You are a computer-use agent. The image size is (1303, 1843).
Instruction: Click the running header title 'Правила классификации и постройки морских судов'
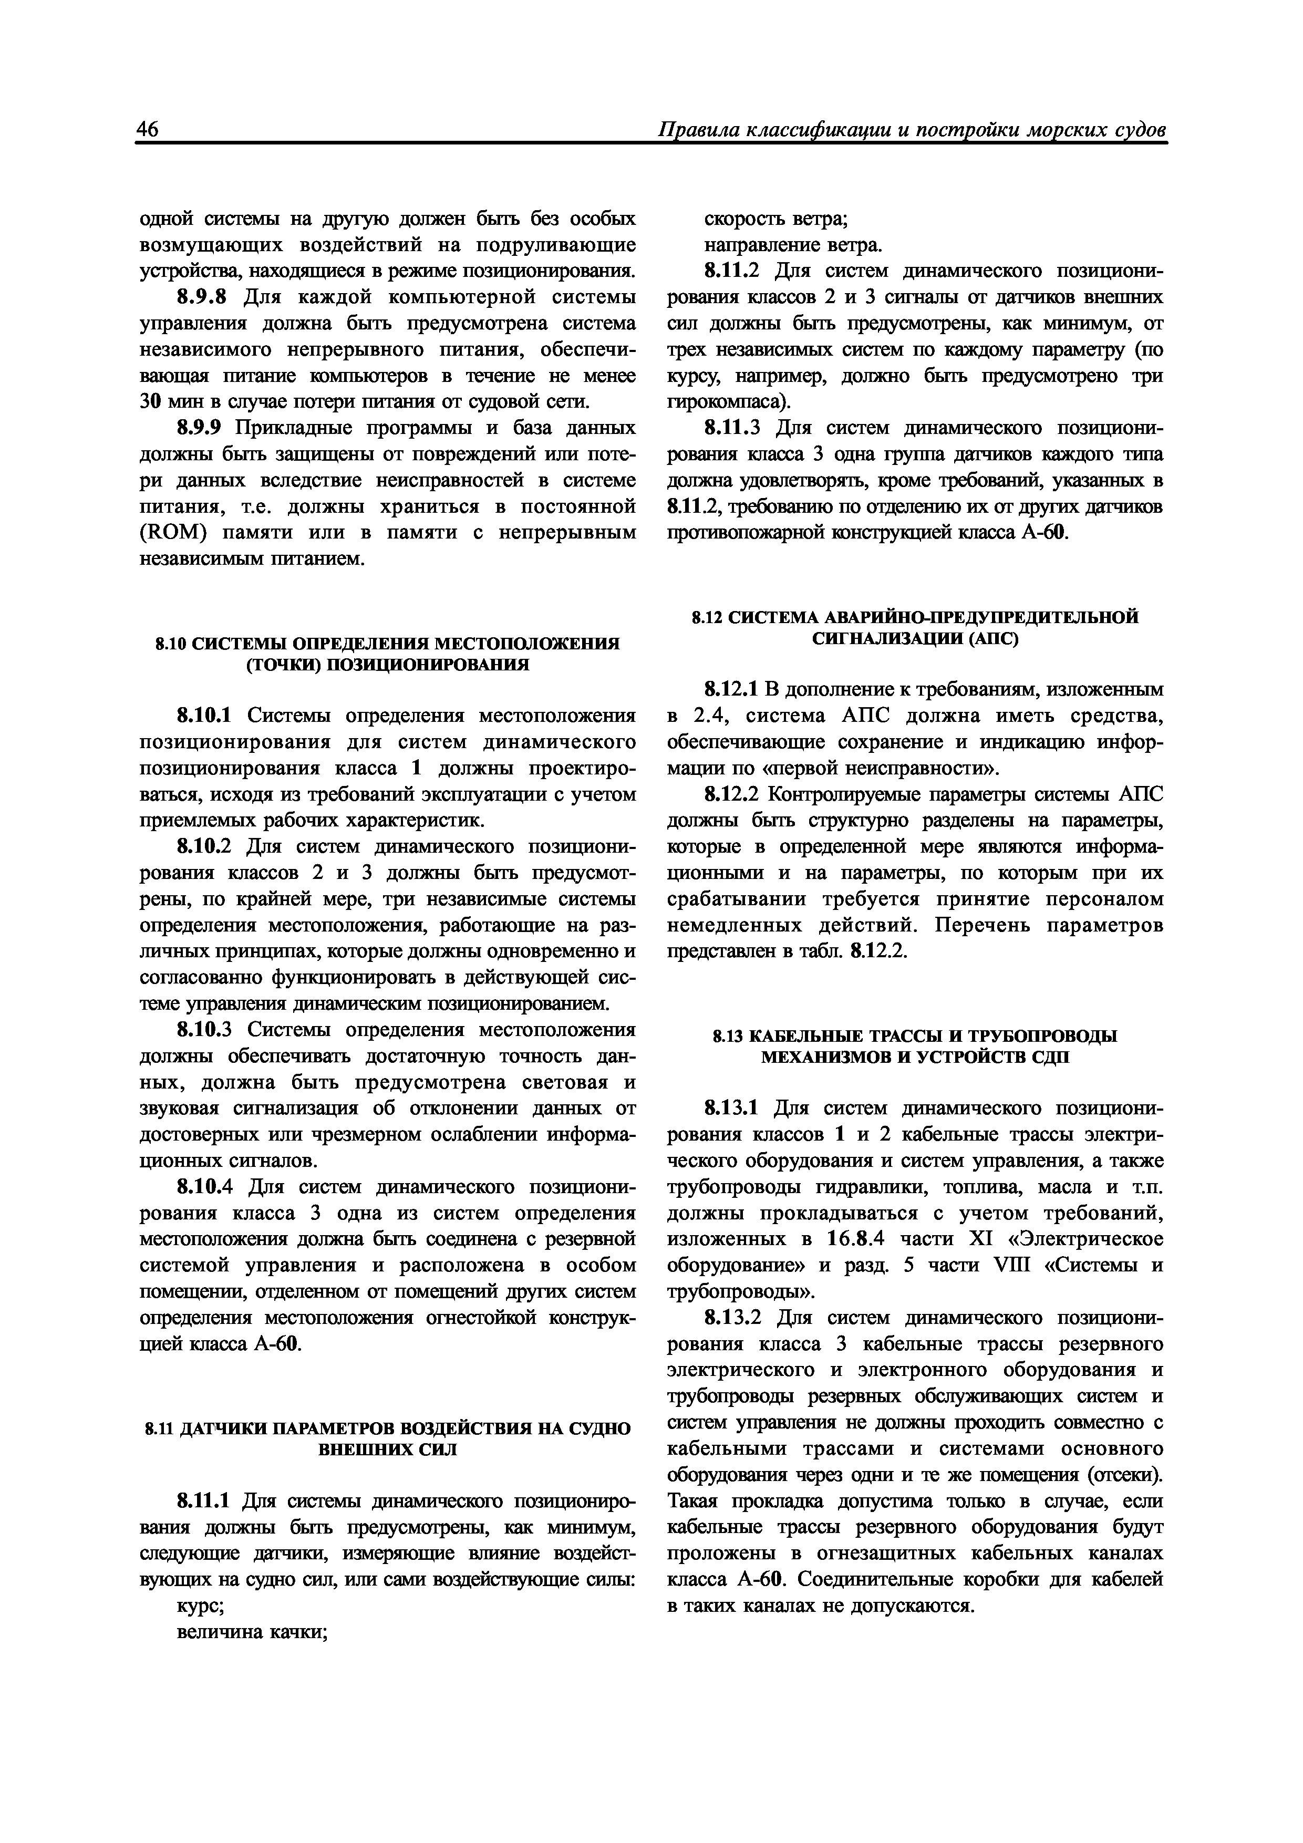[911, 130]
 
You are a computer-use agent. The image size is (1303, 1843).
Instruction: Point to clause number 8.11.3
[732, 428]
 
